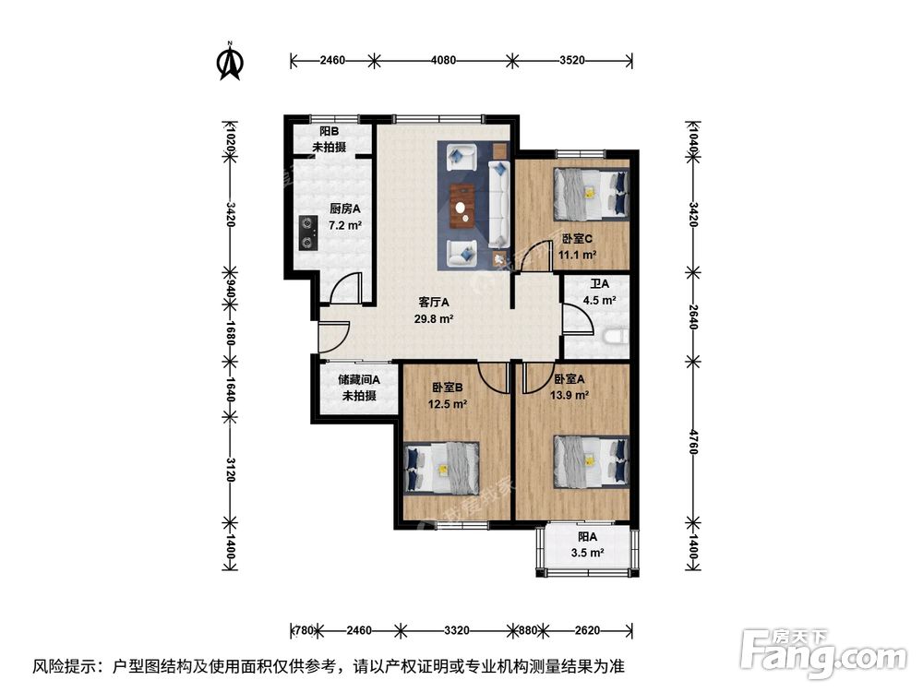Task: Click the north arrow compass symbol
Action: (x=229, y=60)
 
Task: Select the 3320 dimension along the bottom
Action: (x=457, y=631)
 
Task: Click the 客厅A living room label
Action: (x=433, y=302)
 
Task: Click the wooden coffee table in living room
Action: (x=462, y=206)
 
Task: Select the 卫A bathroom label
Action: (x=600, y=284)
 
